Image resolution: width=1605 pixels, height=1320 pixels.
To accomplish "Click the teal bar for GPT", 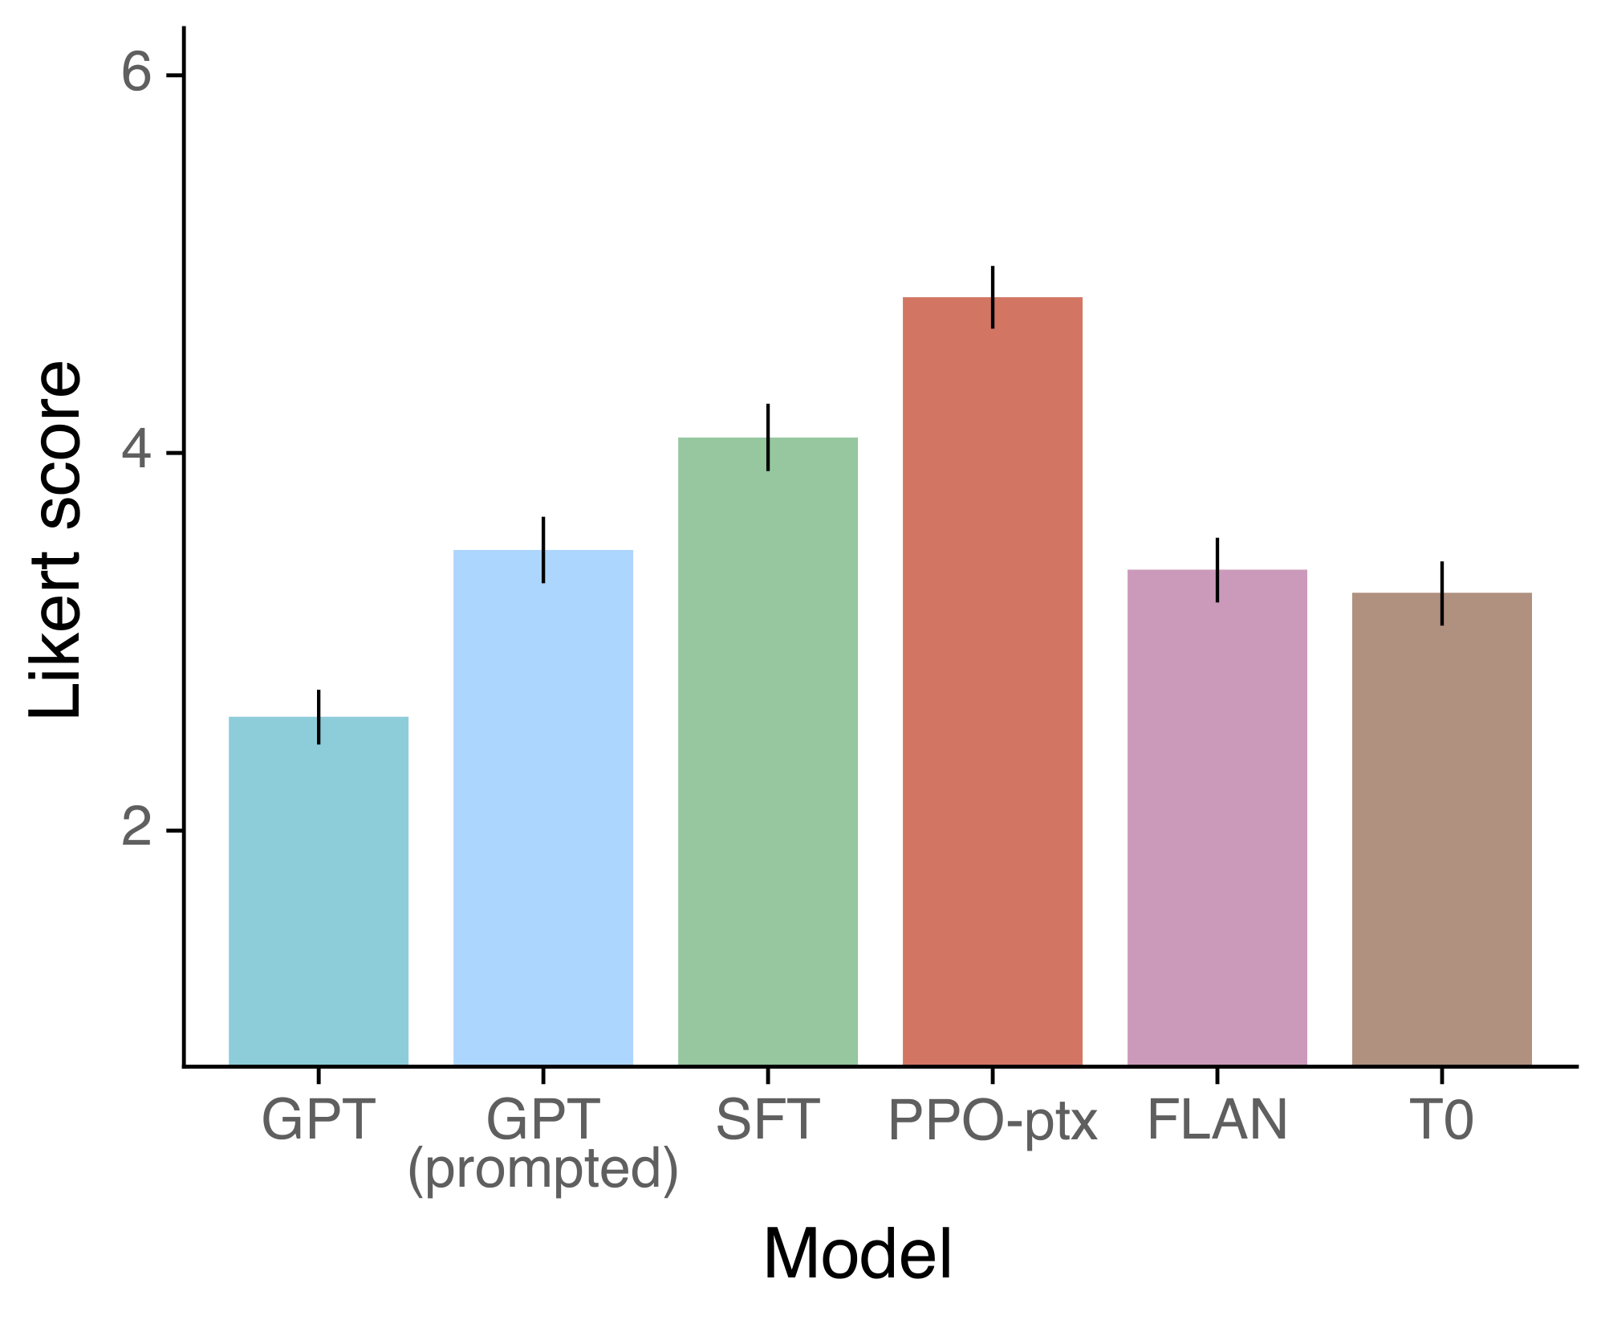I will pyautogui.click(x=319, y=891).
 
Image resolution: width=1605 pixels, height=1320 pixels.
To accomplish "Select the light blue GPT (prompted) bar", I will pyautogui.click(x=543, y=808).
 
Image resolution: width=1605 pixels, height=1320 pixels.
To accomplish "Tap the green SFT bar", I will pyautogui.click(x=768, y=752).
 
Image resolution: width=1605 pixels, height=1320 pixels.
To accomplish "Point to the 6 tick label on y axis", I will pyautogui.click(x=136, y=74).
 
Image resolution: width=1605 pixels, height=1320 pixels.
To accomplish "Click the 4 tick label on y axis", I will pyautogui.click(x=136, y=452).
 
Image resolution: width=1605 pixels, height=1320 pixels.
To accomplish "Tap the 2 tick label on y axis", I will pyautogui.click(x=136, y=829).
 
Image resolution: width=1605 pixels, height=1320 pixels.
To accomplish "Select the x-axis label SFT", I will pyautogui.click(x=768, y=1120).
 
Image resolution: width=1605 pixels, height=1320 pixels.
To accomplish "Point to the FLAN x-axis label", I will pyautogui.click(x=1217, y=1120).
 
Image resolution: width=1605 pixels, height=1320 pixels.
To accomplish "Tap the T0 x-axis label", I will pyautogui.click(x=1442, y=1120).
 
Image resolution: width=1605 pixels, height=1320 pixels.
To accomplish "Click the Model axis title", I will pyautogui.click(x=857, y=1255).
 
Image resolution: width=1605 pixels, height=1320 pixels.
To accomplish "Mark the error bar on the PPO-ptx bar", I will pyautogui.click(x=993, y=296).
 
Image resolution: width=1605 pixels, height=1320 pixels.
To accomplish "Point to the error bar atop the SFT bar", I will pyautogui.click(x=768, y=437).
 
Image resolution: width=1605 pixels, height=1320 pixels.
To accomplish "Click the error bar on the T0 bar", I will pyautogui.click(x=1442, y=593).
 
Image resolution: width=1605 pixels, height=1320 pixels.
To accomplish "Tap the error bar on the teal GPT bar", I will pyautogui.click(x=319, y=716).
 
